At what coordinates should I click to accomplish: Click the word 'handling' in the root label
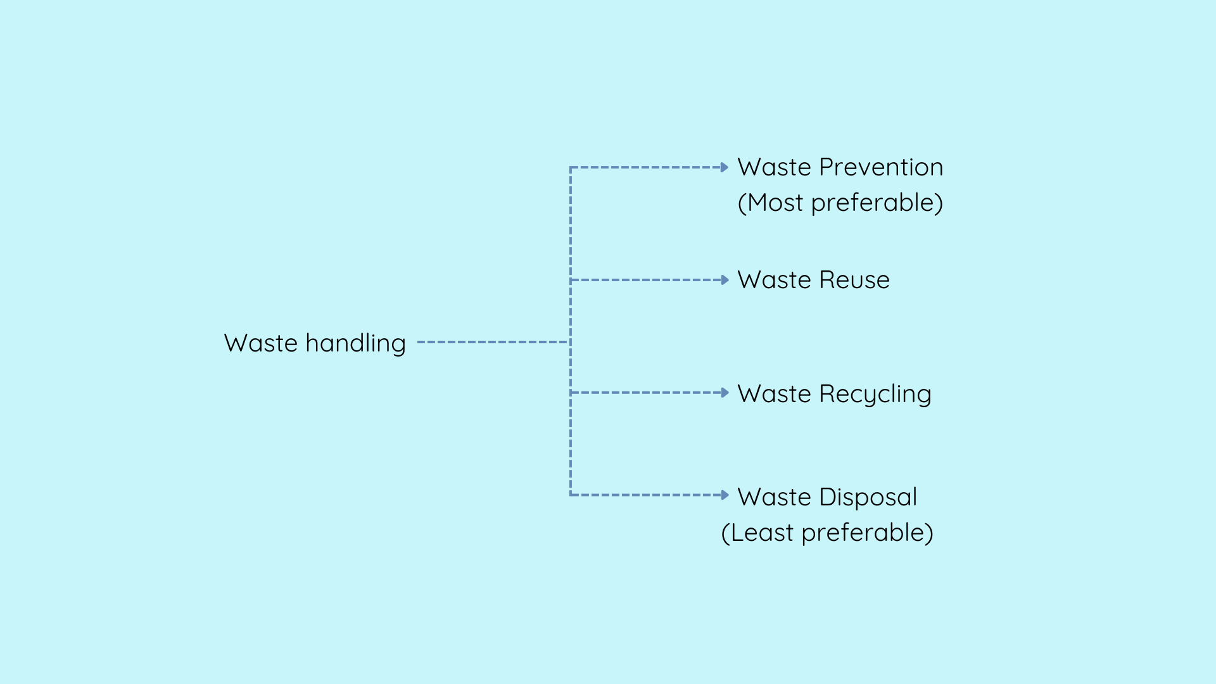pos(355,343)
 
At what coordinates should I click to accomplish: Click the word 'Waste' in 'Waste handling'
pos(261,343)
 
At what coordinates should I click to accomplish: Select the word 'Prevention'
pos(881,167)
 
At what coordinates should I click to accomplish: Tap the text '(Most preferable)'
pos(840,203)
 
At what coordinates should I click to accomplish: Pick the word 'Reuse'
pos(854,280)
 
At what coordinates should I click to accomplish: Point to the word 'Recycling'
pos(875,394)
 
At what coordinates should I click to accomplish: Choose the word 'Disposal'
pos(868,497)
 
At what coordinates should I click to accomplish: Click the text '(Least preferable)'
pos(827,533)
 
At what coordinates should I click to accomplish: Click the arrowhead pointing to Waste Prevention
pos(725,167)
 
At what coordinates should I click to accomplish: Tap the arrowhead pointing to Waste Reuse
pos(725,280)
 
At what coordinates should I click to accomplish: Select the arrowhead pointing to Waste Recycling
pos(725,393)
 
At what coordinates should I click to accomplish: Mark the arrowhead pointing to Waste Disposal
pos(725,495)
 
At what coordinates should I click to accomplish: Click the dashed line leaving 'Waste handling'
pos(493,342)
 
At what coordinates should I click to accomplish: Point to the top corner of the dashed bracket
pos(571,167)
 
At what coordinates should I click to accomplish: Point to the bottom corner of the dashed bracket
pos(571,495)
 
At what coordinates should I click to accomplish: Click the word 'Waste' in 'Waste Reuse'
pos(775,280)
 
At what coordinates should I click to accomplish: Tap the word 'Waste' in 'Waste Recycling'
pos(775,394)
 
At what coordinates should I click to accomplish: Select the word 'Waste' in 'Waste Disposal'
pos(775,497)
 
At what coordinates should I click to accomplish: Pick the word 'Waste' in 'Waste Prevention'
pos(775,167)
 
